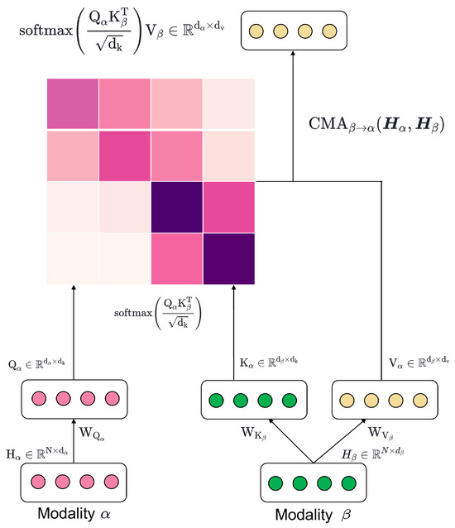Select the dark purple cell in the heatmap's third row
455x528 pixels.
[177, 206]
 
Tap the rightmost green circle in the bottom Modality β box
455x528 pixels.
[348, 482]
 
